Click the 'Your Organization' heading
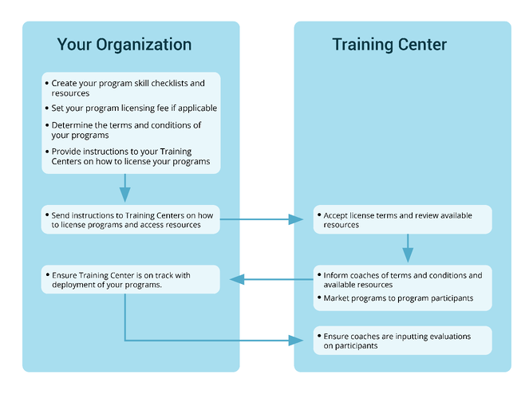click(124, 45)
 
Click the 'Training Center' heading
click(389, 45)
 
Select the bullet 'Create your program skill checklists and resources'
click(128, 88)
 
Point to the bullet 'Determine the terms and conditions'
click(126, 130)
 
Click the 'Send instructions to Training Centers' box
click(130, 219)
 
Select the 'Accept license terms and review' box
click(401, 220)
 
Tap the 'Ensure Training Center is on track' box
click(130, 280)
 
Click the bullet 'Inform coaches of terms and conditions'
click(402, 280)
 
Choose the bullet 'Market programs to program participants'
click(398, 298)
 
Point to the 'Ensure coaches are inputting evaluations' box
click(401, 341)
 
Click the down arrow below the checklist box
click(124, 194)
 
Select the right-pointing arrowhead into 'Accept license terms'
click(297, 219)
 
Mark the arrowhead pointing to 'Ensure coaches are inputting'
click(297, 341)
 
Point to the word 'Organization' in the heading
click(144, 45)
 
